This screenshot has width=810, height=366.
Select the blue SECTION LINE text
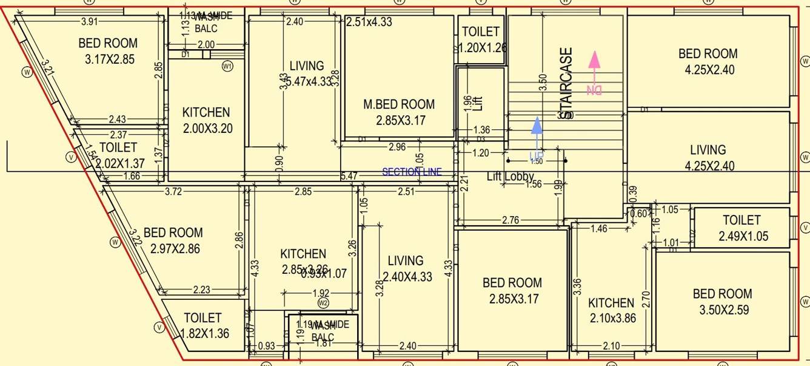click(412, 172)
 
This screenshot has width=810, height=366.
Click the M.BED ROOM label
click(399, 112)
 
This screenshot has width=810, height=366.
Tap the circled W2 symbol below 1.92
click(323, 303)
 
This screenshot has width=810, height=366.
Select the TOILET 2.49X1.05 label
click(741, 228)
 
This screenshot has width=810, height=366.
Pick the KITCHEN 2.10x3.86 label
click(611, 310)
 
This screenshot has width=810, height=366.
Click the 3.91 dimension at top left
click(89, 22)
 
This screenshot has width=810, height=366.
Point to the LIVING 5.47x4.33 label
click(307, 73)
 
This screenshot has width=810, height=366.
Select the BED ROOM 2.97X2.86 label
click(173, 240)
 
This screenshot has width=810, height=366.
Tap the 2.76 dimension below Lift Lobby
click(510, 221)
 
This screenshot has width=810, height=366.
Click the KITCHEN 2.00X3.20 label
click(206, 120)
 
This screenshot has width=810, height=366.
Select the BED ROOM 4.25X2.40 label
click(708, 62)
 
